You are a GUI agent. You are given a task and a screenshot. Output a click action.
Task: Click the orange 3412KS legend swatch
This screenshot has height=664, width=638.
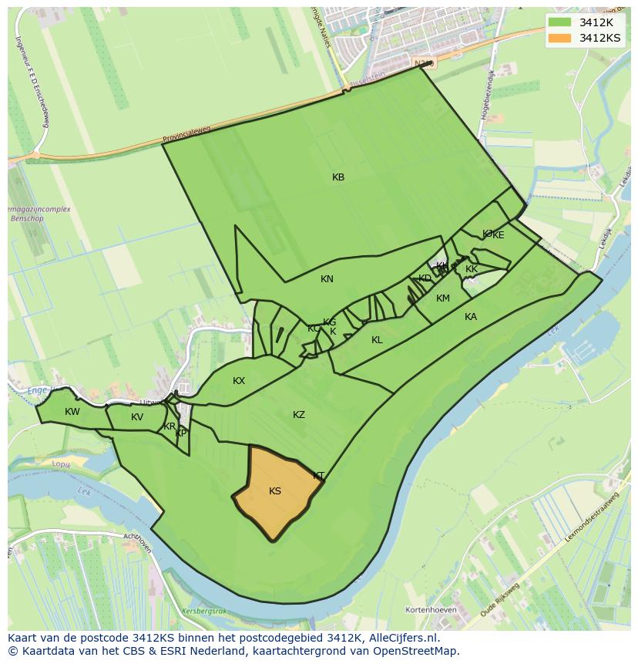tap(560, 38)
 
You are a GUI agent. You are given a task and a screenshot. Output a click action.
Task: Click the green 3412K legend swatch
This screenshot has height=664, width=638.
tap(560, 22)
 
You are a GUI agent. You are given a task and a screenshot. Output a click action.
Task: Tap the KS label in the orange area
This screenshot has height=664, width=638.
tap(275, 491)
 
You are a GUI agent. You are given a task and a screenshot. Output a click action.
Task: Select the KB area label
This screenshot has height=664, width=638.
tap(338, 177)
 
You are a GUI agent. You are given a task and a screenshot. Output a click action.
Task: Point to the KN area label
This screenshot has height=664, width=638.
tap(327, 279)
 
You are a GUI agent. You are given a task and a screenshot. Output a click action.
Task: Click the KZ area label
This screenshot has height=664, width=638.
tap(299, 415)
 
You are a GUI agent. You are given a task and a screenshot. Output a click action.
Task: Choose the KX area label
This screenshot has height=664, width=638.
tap(239, 381)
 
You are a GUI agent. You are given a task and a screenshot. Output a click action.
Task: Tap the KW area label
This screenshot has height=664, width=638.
tap(72, 412)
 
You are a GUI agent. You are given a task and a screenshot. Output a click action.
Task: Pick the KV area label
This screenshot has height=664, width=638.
tap(137, 417)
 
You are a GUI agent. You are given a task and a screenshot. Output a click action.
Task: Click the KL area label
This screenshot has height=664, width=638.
tap(377, 340)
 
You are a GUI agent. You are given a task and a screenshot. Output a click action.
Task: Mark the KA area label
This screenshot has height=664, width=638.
tap(471, 317)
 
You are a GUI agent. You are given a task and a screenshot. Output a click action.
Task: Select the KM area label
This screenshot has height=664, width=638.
tap(443, 298)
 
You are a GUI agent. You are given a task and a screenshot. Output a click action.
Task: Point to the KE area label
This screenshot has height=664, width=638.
tap(499, 235)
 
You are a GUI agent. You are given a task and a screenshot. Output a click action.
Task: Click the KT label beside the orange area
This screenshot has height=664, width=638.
tap(319, 476)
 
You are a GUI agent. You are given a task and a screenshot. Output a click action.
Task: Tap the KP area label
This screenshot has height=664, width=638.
tap(181, 433)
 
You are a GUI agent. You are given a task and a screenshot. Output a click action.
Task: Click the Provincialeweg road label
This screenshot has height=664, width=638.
tap(186, 137)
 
